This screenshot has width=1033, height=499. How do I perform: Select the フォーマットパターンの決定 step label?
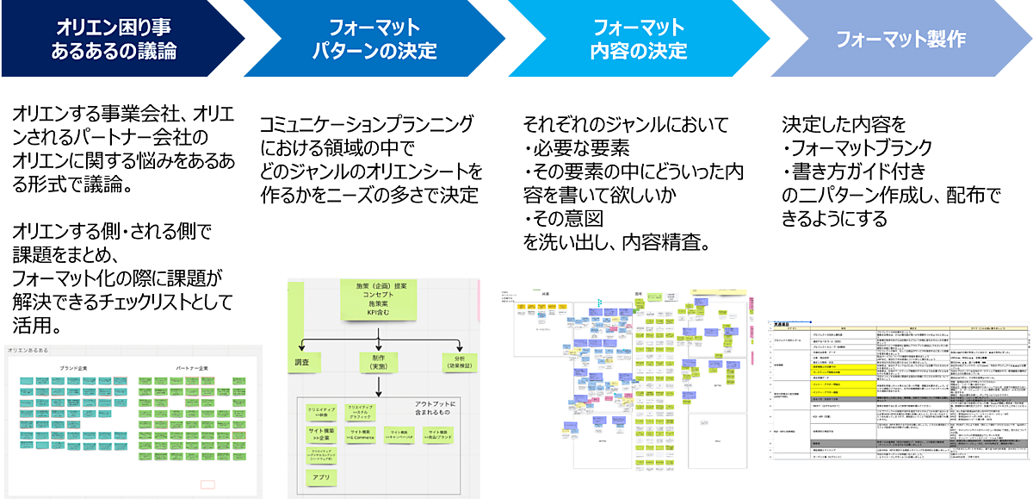click(374, 39)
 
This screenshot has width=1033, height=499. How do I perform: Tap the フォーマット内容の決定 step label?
click(638, 39)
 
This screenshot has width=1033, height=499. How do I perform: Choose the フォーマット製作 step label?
click(900, 40)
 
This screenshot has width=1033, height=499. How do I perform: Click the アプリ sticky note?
click(319, 476)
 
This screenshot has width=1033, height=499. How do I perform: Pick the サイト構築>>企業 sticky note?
click(319, 434)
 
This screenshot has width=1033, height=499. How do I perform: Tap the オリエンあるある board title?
click(28, 350)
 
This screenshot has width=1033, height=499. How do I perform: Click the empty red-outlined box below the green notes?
click(207, 484)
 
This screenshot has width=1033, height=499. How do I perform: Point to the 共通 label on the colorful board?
click(546, 295)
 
